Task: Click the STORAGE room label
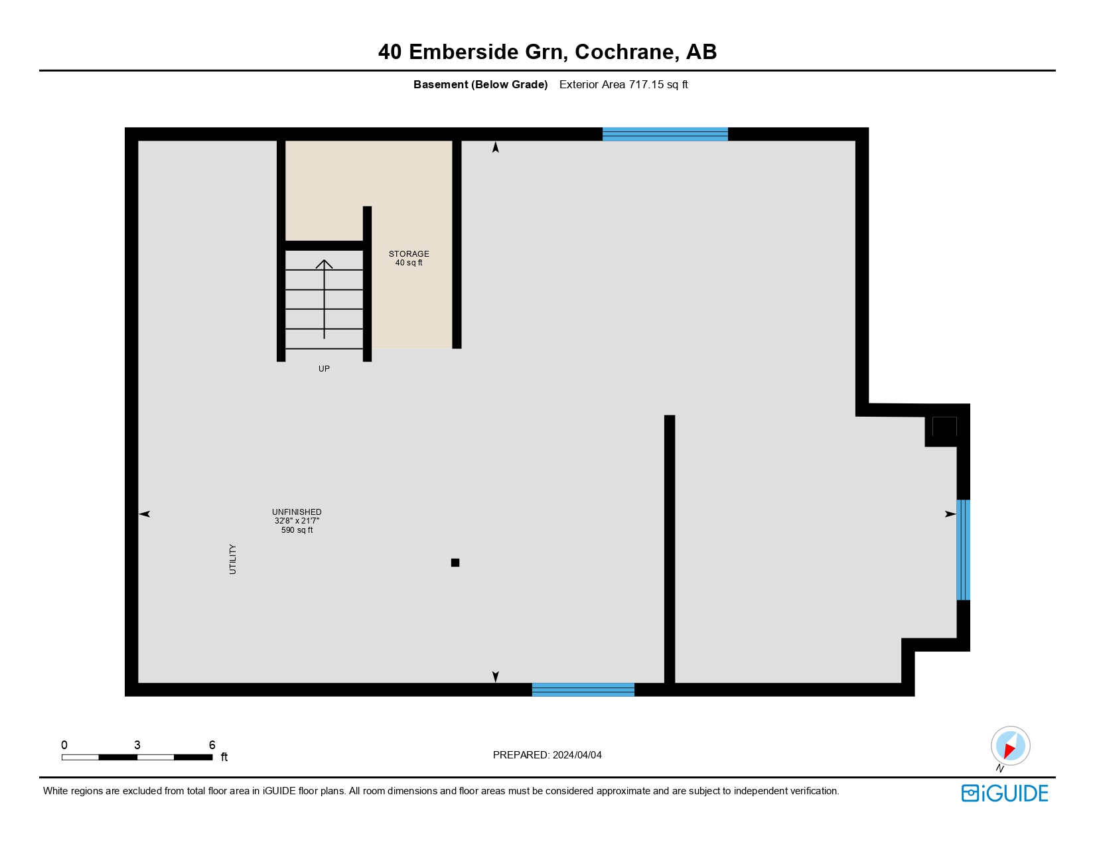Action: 409,254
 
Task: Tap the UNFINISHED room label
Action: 297,512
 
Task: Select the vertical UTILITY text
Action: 233,559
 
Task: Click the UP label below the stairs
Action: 324,369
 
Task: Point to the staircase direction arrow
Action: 324,299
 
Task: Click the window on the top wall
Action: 665,134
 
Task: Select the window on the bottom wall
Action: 583,689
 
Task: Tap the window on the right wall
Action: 963,549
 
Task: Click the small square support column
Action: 455,563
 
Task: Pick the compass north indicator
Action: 1010,746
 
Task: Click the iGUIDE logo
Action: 1005,794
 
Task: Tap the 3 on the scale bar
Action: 137,745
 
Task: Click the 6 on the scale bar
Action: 212,745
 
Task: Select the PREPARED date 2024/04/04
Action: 577,755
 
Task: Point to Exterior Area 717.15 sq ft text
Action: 623,84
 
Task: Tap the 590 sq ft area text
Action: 297,530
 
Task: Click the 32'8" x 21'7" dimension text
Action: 297,522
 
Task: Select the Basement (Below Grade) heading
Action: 480,84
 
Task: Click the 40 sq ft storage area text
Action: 409,263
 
